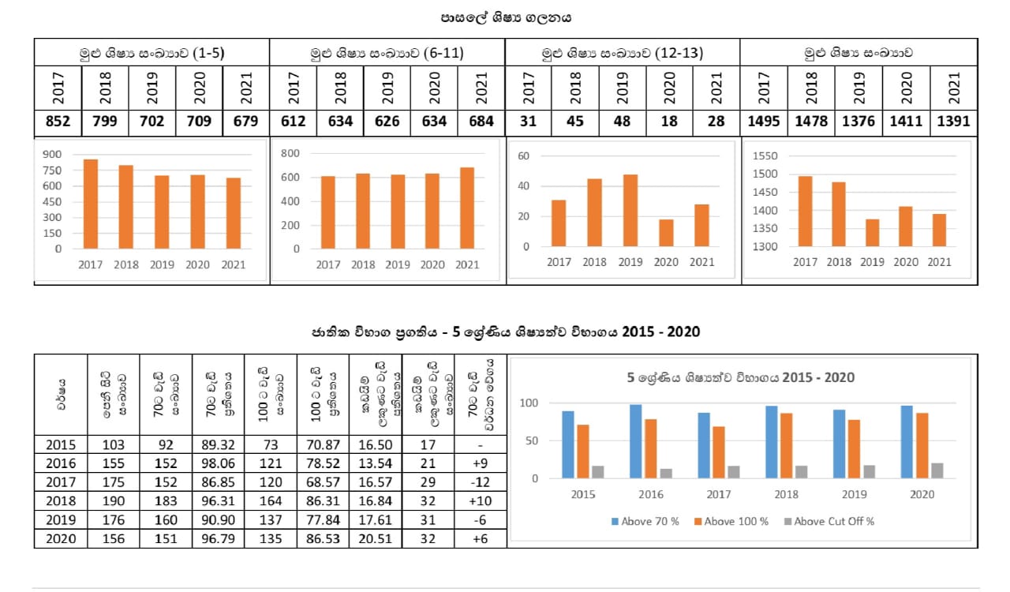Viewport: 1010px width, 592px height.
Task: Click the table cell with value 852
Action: click(x=58, y=122)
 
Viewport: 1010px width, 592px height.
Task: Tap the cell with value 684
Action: click(x=481, y=122)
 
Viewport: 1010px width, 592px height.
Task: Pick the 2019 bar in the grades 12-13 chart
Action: click(x=630, y=210)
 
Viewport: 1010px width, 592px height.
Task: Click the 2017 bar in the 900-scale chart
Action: click(x=91, y=204)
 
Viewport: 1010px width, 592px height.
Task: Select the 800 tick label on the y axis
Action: click(x=291, y=153)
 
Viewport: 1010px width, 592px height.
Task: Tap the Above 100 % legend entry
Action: click(x=728, y=521)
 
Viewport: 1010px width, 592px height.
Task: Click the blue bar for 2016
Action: click(x=635, y=441)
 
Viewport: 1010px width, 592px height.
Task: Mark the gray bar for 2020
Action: click(x=937, y=470)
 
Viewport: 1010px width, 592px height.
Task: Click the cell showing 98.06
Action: click(x=218, y=463)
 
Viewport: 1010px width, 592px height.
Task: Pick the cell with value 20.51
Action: click(x=376, y=539)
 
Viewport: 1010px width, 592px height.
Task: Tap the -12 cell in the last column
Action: click(x=480, y=482)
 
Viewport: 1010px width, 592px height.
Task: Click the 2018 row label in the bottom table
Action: click(x=61, y=501)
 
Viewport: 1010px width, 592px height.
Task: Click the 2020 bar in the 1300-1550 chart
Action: click(x=906, y=227)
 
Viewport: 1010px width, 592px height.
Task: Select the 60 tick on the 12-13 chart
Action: click(x=523, y=156)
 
